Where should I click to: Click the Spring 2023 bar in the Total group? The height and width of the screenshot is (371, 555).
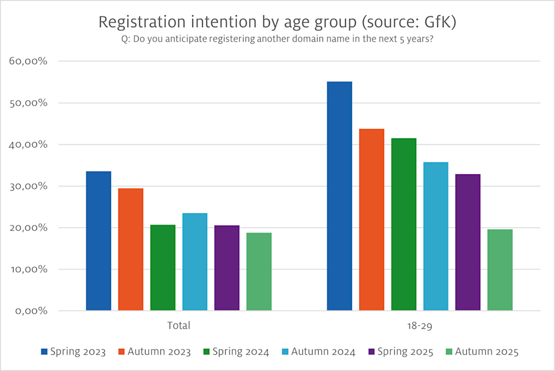[99, 241]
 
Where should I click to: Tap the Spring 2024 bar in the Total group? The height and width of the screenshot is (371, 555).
[163, 267]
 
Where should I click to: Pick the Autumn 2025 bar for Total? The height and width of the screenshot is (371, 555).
[259, 272]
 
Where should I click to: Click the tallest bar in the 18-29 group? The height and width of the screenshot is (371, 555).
[339, 196]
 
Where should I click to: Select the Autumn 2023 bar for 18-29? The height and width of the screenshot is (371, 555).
[371, 219]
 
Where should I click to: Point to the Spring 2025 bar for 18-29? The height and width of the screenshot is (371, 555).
[467, 242]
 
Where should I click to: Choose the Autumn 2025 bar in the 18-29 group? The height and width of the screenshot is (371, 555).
[499, 270]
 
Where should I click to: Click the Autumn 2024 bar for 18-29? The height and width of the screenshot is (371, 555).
[435, 236]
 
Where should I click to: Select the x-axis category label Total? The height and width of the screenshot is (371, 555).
[179, 325]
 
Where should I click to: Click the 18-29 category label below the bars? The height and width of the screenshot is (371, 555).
[419, 325]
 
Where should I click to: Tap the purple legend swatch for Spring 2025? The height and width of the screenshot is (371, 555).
[372, 352]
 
